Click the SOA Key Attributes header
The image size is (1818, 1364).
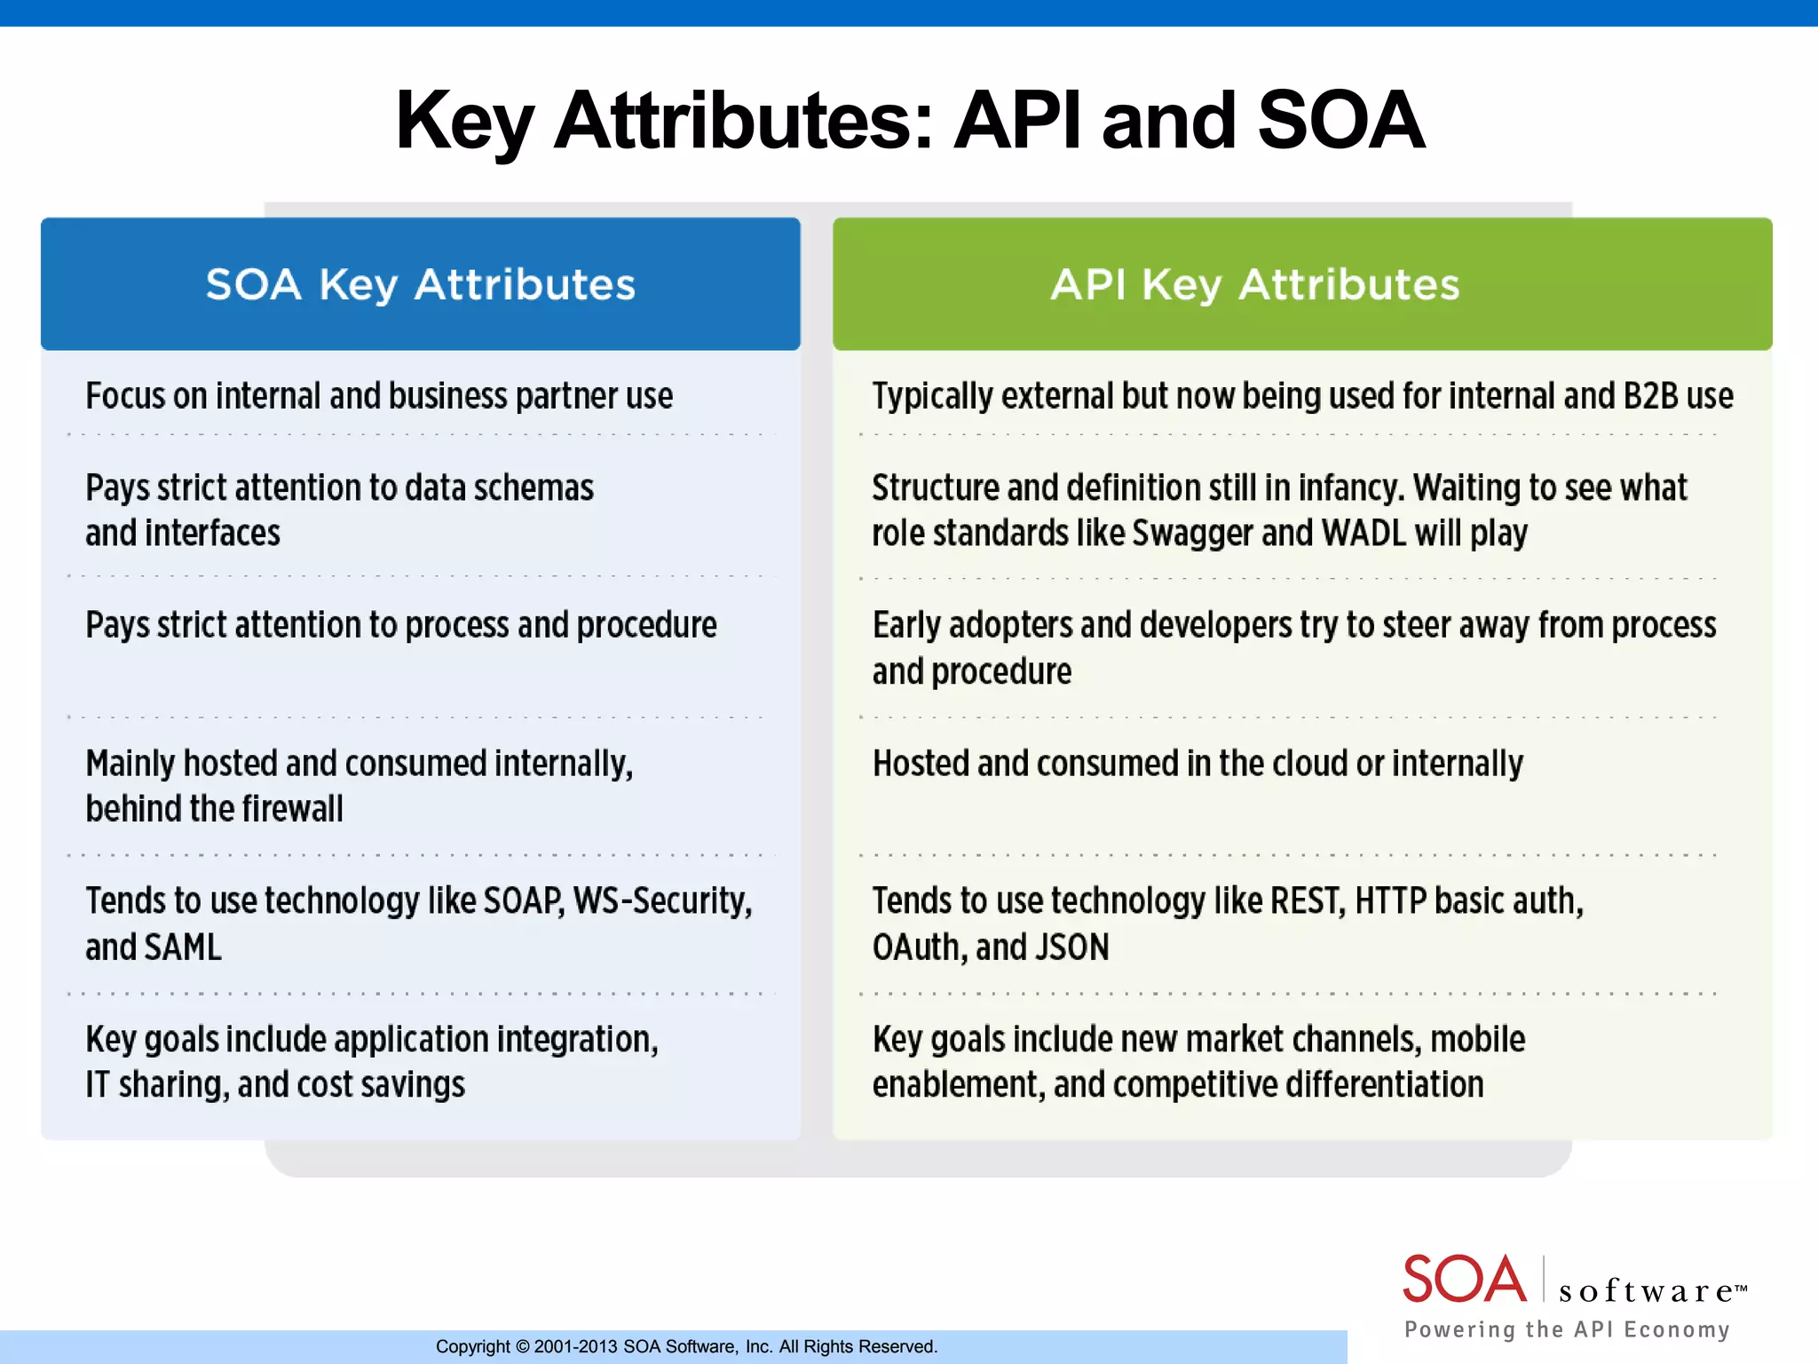coord(421,285)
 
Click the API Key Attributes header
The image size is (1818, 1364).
coord(1254,285)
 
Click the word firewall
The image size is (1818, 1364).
coord(292,809)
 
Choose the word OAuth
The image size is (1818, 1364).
coord(919,948)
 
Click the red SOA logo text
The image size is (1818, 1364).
coord(1464,1280)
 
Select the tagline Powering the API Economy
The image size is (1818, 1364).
coord(1567,1329)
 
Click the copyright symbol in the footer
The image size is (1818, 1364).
coord(522,1347)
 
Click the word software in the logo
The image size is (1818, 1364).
coord(1646,1290)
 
